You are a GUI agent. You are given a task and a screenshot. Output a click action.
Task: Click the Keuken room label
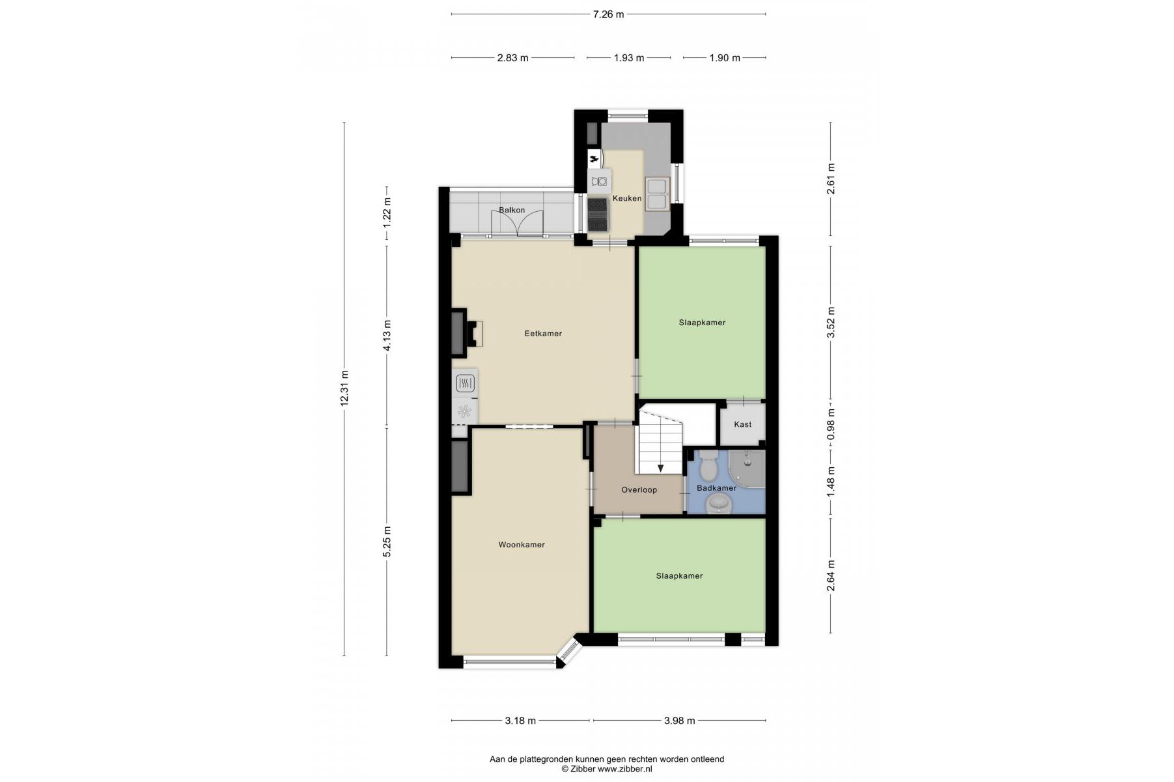pyautogui.click(x=627, y=198)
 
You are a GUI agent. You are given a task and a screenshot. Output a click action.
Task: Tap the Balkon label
pyautogui.click(x=512, y=210)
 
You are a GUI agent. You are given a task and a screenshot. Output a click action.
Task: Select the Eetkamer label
pyautogui.click(x=543, y=334)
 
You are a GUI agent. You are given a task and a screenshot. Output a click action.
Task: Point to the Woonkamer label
pyautogui.click(x=522, y=545)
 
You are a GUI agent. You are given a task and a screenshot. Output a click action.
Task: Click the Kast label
pyautogui.click(x=742, y=424)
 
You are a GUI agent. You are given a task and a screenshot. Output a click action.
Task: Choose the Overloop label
pyautogui.click(x=639, y=490)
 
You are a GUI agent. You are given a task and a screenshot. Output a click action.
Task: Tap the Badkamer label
pyautogui.click(x=716, y=488)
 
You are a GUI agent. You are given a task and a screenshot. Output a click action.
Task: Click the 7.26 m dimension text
pyautogui.click(x=608, y=14)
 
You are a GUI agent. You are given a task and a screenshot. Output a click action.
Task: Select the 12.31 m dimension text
pyautogui.click(x=344, y=388)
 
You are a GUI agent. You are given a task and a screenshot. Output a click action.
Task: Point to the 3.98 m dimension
pyautogui.click(x=679, y=721)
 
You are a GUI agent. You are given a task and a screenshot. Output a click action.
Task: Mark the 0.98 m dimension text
pyautogui.click(x=831, y=424)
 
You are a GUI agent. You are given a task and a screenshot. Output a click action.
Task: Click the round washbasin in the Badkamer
pyautogui.click(x=719, y=503)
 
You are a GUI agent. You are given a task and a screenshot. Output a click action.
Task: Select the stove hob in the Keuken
pyautogui.click(x=598, y=215)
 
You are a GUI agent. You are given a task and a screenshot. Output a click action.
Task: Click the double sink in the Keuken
pyautogui.click(x=657, y=194)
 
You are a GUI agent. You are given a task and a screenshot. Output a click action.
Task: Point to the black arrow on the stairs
pyautogui.click(x=660, y=468)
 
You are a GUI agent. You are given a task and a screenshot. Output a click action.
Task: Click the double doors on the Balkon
pyautogui.click(x=517, y=222)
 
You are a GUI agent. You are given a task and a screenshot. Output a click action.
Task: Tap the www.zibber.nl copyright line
pyautogui.click(x=607, y=769)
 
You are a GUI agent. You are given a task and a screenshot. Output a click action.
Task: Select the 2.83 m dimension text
pyautogui.click(x=512, y=58)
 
